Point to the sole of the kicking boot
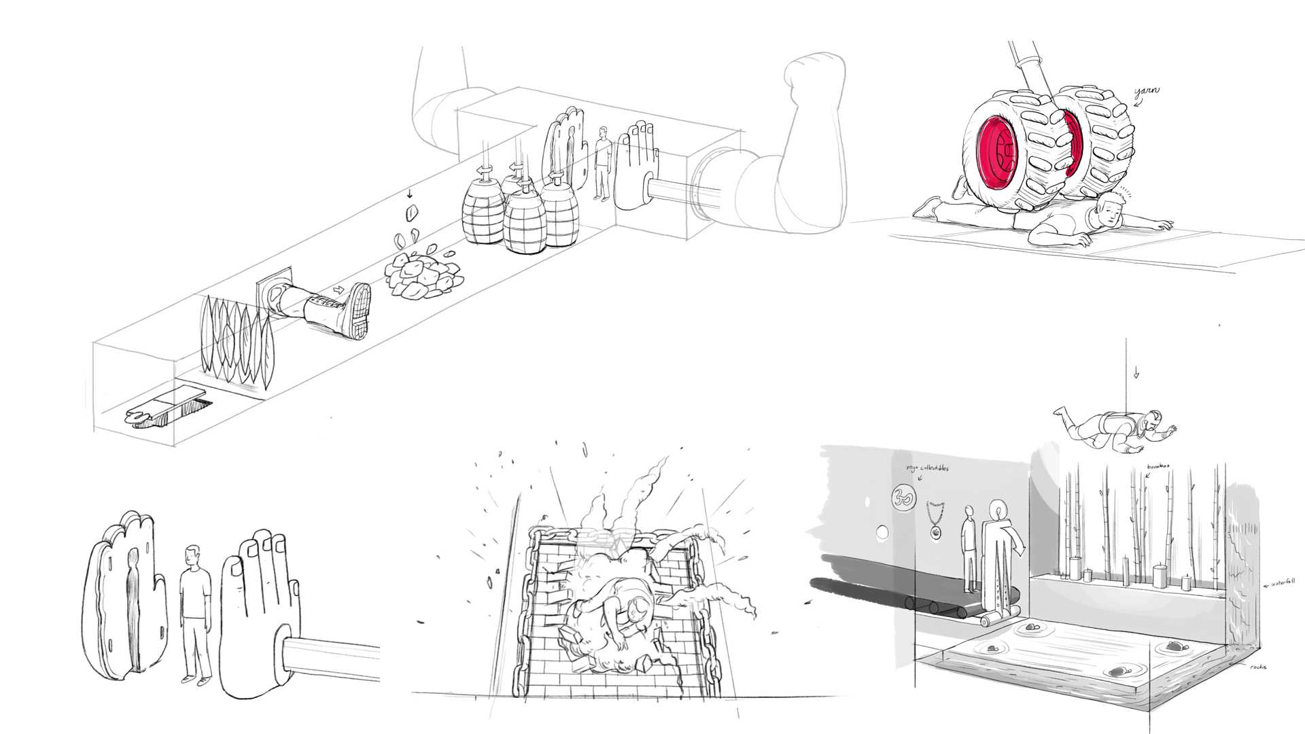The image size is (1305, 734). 358,311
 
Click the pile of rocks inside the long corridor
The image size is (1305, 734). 422,276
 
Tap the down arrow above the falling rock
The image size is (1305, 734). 409,194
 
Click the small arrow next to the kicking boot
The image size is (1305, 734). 338,290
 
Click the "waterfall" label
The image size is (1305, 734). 1283,582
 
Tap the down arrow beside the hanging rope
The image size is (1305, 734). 1135,373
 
